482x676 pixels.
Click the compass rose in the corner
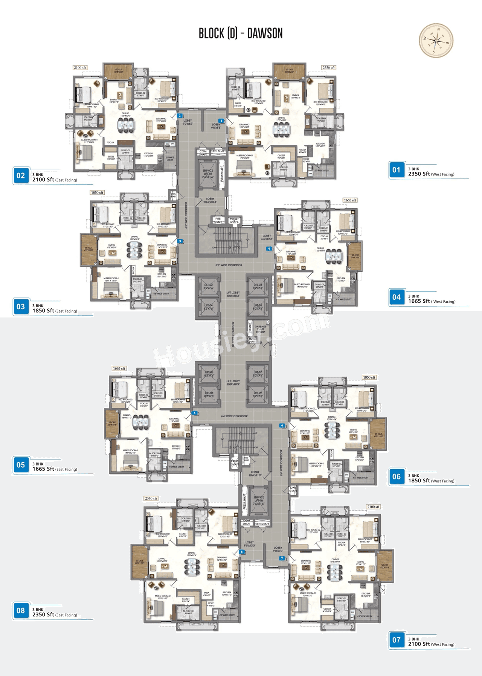click(436, 40)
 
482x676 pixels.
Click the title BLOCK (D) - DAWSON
click(241, 34)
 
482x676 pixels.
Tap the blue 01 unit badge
click(396, 170)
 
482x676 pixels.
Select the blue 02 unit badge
click(21, 176)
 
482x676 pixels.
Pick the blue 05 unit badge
click(21, 465)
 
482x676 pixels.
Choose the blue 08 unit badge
click(21, 610)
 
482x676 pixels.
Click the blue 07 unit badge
click(396, 640)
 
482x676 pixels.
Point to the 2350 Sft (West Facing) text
click(431, 174)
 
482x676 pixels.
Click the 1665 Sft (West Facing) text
click(432, 301)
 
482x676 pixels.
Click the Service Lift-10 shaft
click(259, 501)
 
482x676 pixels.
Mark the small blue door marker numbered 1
click(222, 121)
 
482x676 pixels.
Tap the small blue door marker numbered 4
click(269, 249)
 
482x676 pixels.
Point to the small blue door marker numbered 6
click(282, 426)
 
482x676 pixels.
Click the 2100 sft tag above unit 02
click(80, 68)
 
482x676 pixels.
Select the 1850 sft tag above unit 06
click(369, 377)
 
